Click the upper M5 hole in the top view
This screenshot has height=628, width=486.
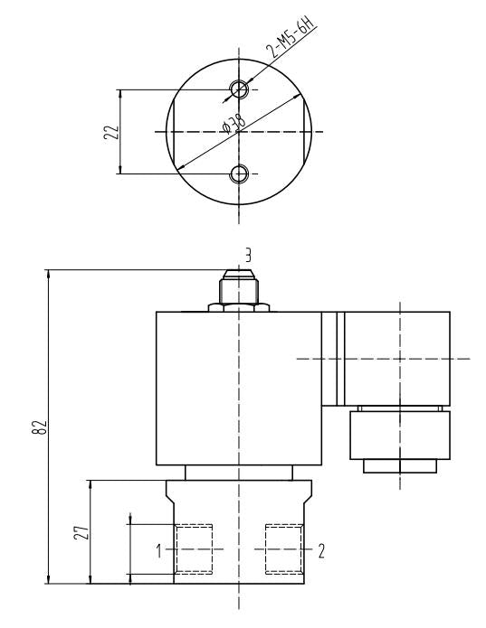[239, 89]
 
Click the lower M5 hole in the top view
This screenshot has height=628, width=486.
[239, 173]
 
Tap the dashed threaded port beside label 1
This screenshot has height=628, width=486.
[194, 548]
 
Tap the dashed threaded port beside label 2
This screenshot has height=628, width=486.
[282, 548]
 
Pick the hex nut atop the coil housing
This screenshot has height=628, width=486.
[238, 307]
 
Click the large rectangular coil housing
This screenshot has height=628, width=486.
[238, 389]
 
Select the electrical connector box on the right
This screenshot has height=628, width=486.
[398, 358]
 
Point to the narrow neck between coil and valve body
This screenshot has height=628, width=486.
[238, 473]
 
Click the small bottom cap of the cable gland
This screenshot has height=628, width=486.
[399, 466]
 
